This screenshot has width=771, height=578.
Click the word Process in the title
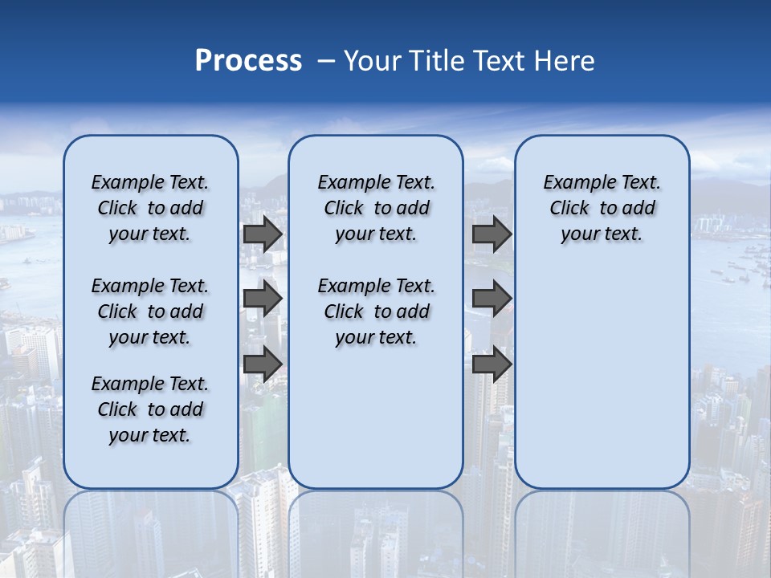248,61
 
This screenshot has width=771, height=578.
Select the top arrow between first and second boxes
263,234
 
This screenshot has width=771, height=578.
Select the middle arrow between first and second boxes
263,299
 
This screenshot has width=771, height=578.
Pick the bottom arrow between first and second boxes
263,364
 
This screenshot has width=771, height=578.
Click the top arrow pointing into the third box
492,234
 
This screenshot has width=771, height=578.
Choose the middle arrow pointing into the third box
492,299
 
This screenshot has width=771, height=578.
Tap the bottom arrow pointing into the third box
492,364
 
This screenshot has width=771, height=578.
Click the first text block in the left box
150,208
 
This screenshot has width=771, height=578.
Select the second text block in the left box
150,311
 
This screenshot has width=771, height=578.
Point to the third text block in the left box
150,409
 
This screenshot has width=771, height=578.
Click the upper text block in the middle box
376,208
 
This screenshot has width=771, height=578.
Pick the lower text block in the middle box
376,311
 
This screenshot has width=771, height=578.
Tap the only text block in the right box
602,208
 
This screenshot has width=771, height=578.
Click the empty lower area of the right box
602,377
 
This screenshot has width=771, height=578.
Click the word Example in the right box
573,183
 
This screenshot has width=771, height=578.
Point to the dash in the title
326,61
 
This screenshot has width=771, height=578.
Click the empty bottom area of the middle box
376,425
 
